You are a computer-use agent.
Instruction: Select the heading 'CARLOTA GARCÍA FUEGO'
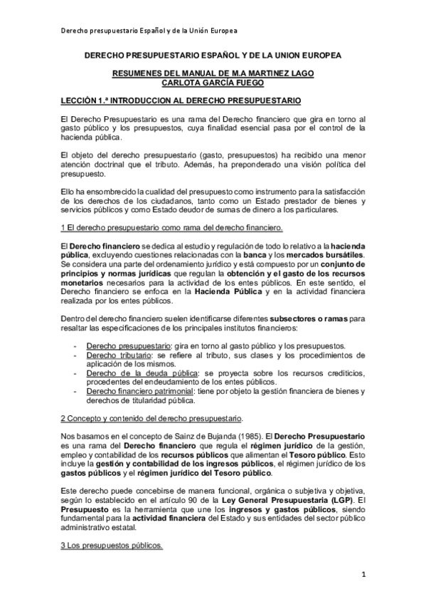pos(213,82)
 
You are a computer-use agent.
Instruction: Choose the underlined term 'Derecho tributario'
pos(119,355)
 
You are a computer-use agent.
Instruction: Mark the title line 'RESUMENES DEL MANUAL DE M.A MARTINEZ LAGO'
pos(213,73)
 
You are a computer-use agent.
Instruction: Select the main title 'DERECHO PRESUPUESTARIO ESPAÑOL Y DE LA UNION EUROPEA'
pos(213,55)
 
